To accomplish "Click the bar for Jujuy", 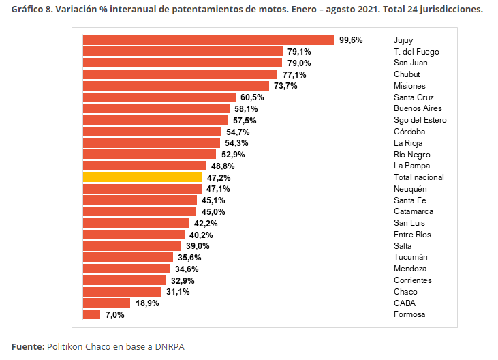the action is pyautogui.click(x=208, y=40).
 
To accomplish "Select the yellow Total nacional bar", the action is pyautogui.click(x=142, y=177).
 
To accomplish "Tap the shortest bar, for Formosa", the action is pyautogui.click(x=91, y=314).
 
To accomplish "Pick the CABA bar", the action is pyautogui.click(x=106, y=303).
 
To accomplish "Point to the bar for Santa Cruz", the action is pyautogui.click(x=159, y=97).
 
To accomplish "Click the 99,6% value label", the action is pyautogui.click(x=351, y=40).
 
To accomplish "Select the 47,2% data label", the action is pyautogui.click(x=219, y=178).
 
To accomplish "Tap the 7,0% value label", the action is pyautogui.click(x=114, y=315).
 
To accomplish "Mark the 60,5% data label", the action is pyautogui.click(x=252, y=97).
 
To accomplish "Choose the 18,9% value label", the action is pyautogui.click(x=147, y=303).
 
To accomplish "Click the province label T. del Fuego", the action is pyautogui.click(x=416, y=52).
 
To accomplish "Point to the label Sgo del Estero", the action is pyautogui.click(x=420, y=120).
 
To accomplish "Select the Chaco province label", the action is pyautogui.click(x=405, y=292).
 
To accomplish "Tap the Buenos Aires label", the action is pyautogui.click(x=418, y=108).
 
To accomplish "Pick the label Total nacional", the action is pyautogui.click(x=419, y=177).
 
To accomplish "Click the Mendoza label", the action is pyautogui.click(x=410, y=269).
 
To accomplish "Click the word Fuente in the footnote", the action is pyautogui.click(x=27, y=346).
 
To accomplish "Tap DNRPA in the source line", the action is pyautogui.click(x=170, y=346).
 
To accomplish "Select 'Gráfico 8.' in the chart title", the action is pyautogui.click(x=32, y=10).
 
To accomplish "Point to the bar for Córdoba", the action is pyautogui.click(x=152, y=132).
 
